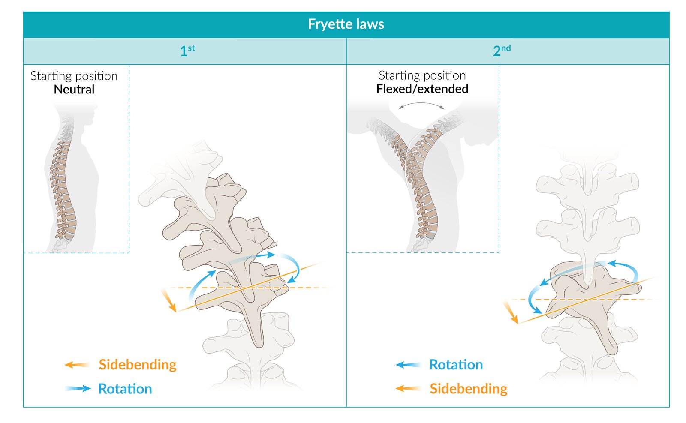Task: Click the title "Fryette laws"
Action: (x=346, y=24)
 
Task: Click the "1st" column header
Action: (x=187, y=51)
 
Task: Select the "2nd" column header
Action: (x=501, y=51)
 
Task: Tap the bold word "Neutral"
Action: (x=74, y=89)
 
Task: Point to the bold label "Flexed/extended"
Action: (x=422, y=89)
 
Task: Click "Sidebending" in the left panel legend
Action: (x=137, y=364)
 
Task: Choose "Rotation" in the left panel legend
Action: (x=125, y=389)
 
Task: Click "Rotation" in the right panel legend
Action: (x=456, y=364)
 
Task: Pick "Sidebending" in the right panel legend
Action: (x=468, y=389)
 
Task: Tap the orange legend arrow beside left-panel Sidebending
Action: (x=77, y=365)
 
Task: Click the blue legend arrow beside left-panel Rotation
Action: (x=78, y=389)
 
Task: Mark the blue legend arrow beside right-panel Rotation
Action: (x=408, y=365)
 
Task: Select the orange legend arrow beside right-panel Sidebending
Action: (x=408, y=389)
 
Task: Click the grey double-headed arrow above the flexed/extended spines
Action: (x=421, y=105)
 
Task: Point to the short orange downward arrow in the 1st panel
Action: (x=168, y=300)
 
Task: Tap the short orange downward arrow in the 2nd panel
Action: (x=511, y=312)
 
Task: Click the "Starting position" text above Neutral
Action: (x=74, y=76)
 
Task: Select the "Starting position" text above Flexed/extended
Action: (x=422, y=75)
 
